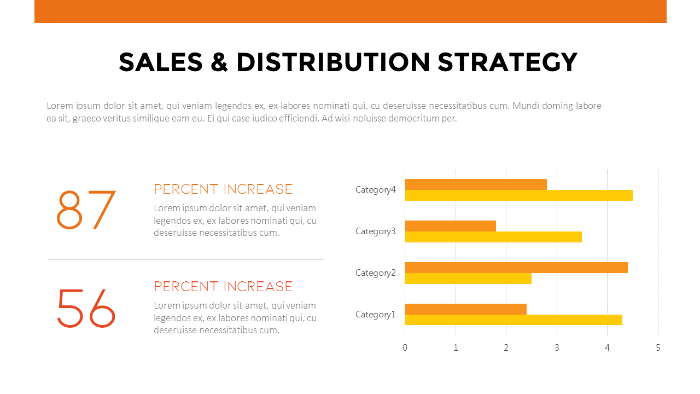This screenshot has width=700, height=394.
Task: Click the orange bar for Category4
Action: click(476, 184)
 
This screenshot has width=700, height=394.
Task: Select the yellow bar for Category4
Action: click(518, 195)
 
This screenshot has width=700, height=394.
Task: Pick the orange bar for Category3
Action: click(450, 226)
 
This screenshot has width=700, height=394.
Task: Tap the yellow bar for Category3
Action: click(493, 237)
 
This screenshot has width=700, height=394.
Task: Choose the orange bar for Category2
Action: click(516, 268)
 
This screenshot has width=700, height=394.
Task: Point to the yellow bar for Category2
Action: click(468, 279)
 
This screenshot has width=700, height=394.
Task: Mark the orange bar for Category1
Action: click(465, 309)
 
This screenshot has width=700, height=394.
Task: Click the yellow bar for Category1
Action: click(514, 320)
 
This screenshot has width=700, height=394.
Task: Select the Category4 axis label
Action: click(375, 190)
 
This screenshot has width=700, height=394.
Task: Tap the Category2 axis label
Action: click(375, 273)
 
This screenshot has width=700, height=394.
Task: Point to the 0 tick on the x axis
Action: click(405, 347)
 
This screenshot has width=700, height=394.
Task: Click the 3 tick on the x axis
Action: click(557, 347)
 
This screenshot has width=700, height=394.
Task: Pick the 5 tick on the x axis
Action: click(658, 347)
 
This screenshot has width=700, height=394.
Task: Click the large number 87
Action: click(86, 210)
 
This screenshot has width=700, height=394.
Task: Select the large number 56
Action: click(86, 308)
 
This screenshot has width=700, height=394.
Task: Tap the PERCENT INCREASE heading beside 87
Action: click(223, 189)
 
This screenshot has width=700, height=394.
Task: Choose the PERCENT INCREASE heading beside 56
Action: click(223, 287)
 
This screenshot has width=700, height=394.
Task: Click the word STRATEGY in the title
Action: click(507, 62)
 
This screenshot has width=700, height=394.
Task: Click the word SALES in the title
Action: click(161, 62)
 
